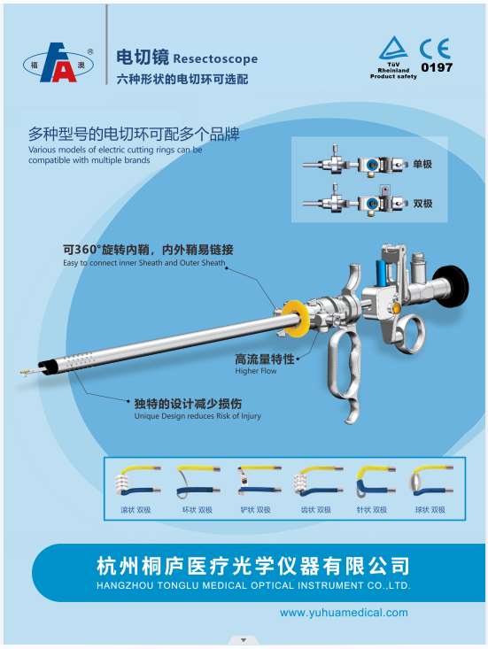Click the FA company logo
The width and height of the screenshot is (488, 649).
58,63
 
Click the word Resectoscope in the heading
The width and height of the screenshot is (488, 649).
215,58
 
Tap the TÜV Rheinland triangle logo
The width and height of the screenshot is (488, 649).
393,48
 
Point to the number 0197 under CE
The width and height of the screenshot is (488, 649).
437,67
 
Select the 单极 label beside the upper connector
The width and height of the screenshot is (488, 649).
422,164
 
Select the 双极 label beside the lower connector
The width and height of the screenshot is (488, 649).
422,204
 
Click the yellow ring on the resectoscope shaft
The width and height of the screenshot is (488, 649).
294,318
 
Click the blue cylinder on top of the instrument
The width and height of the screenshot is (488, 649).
382,273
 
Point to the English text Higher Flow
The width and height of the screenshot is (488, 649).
256,371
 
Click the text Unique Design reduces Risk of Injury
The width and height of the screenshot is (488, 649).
198,416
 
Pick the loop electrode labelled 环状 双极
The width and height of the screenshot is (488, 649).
198,481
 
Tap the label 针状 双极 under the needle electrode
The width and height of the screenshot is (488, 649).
372,510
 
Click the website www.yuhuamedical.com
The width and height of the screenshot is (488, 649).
344,613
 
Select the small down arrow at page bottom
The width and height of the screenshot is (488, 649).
244,640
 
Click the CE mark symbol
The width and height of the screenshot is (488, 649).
435,49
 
